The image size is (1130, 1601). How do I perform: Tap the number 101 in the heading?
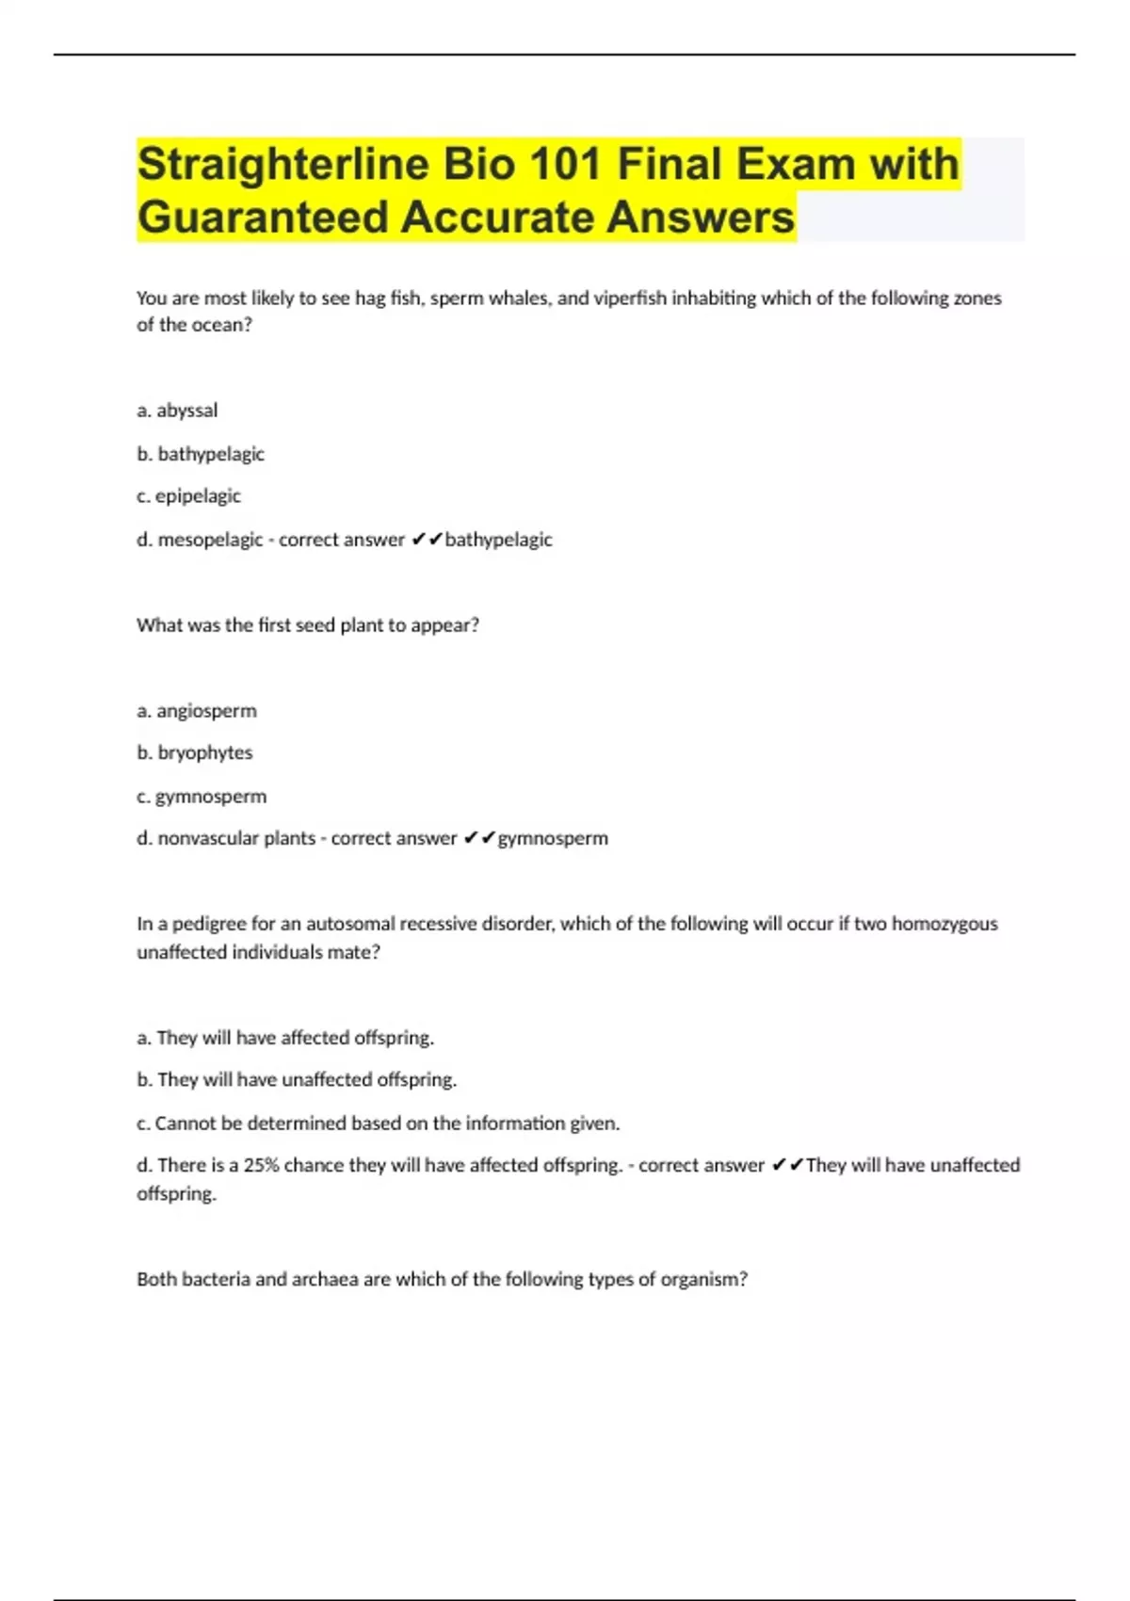(x=565, y=165)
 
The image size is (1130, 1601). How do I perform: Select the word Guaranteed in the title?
(x=261, y=218)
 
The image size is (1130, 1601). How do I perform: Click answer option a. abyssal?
(x=177, y=411)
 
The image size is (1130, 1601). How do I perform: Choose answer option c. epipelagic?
(x=188, y=496)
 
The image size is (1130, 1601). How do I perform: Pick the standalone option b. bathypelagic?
(x=201, y=454)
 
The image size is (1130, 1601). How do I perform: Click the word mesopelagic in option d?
(x=210, y=540)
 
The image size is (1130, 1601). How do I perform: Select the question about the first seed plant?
(x=308, y=625)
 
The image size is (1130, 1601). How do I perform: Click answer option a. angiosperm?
(x=197, y=711)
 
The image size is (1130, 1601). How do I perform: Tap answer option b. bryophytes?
(x=195, y=752)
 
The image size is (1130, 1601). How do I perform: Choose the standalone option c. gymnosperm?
(x=202, y=797)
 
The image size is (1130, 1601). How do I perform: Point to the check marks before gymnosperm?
(x=479, y=838)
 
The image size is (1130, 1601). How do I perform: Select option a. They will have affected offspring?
(x=285, y=1038)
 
